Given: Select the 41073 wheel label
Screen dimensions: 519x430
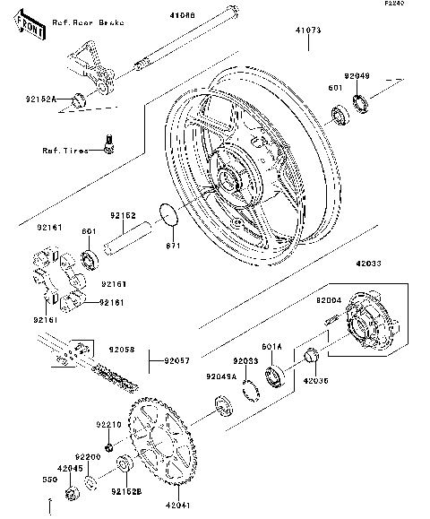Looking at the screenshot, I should point(308,30).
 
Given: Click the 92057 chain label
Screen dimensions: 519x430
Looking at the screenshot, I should point(176,362).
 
